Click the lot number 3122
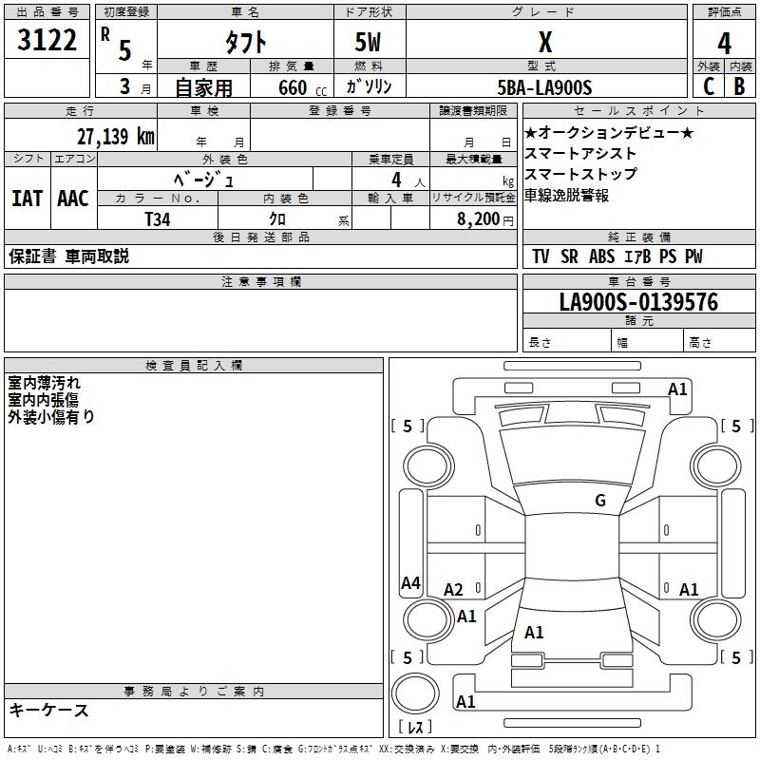click(x=47, y=40)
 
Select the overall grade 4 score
click(x=724, y=44)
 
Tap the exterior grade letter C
click(x=709, y=86)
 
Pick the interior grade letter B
click(x=739, y=86)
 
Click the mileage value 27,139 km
click(x=115, y=137)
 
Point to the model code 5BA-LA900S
click(x=544, y=87)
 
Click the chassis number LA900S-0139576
click(x=638, y=302)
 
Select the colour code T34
click(x=158, y=219)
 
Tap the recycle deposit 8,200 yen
click(x=484, y=219)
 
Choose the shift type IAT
click(x=28, y=199)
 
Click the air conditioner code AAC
click(x=73, y=199)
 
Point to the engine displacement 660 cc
click(x=302, y=88)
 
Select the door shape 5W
click(x=368, y=42)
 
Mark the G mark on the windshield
click(x=600, y=501)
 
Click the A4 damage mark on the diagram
click(x=410, y=583)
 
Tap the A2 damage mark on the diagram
click(x=453, y=590)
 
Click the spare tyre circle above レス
click(x=415, y=693)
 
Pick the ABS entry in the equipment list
click(x=601, y=256)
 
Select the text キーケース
click(x=49, y=711)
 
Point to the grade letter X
click(x=545, y=42)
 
